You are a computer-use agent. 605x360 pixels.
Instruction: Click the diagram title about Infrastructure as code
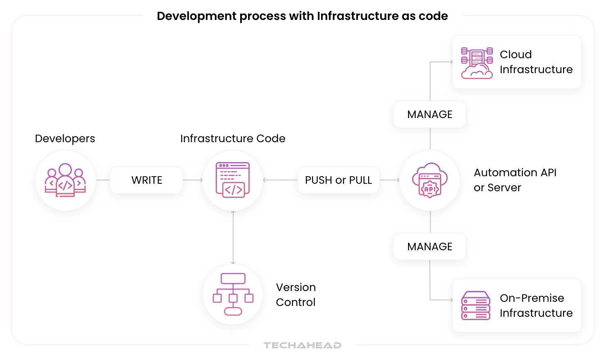click(302, 16)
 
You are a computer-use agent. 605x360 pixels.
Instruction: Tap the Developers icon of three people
click(65, 180)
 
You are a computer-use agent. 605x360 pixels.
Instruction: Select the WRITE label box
click(146, 180)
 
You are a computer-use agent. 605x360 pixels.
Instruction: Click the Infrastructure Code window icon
click(233, 180)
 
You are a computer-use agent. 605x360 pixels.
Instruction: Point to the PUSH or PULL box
click(338, 180)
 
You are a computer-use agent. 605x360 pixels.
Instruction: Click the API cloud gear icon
click(430, 180)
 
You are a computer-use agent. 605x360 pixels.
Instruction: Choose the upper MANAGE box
click(430, 114)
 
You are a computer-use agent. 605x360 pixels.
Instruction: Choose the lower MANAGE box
click(430, 247)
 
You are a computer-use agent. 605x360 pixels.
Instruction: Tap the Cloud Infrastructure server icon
click(477, 63)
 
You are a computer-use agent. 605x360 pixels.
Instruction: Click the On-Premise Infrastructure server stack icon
click(476, 306)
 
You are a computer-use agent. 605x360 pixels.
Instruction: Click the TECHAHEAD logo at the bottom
click(302, 345)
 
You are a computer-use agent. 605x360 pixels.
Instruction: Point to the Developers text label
click(65, 138)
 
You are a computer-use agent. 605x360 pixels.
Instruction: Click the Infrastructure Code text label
click(233, 138)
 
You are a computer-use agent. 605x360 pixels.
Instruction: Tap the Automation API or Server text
click(515, 180)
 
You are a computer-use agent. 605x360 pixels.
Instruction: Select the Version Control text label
click(296, 295)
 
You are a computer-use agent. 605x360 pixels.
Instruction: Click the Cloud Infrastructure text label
click(536, 62)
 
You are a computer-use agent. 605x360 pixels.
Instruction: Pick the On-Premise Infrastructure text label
click(536, 306)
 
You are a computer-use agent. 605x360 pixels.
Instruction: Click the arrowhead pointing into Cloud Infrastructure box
click(451, 62)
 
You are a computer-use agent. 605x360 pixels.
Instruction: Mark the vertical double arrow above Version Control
click(233, 237)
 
